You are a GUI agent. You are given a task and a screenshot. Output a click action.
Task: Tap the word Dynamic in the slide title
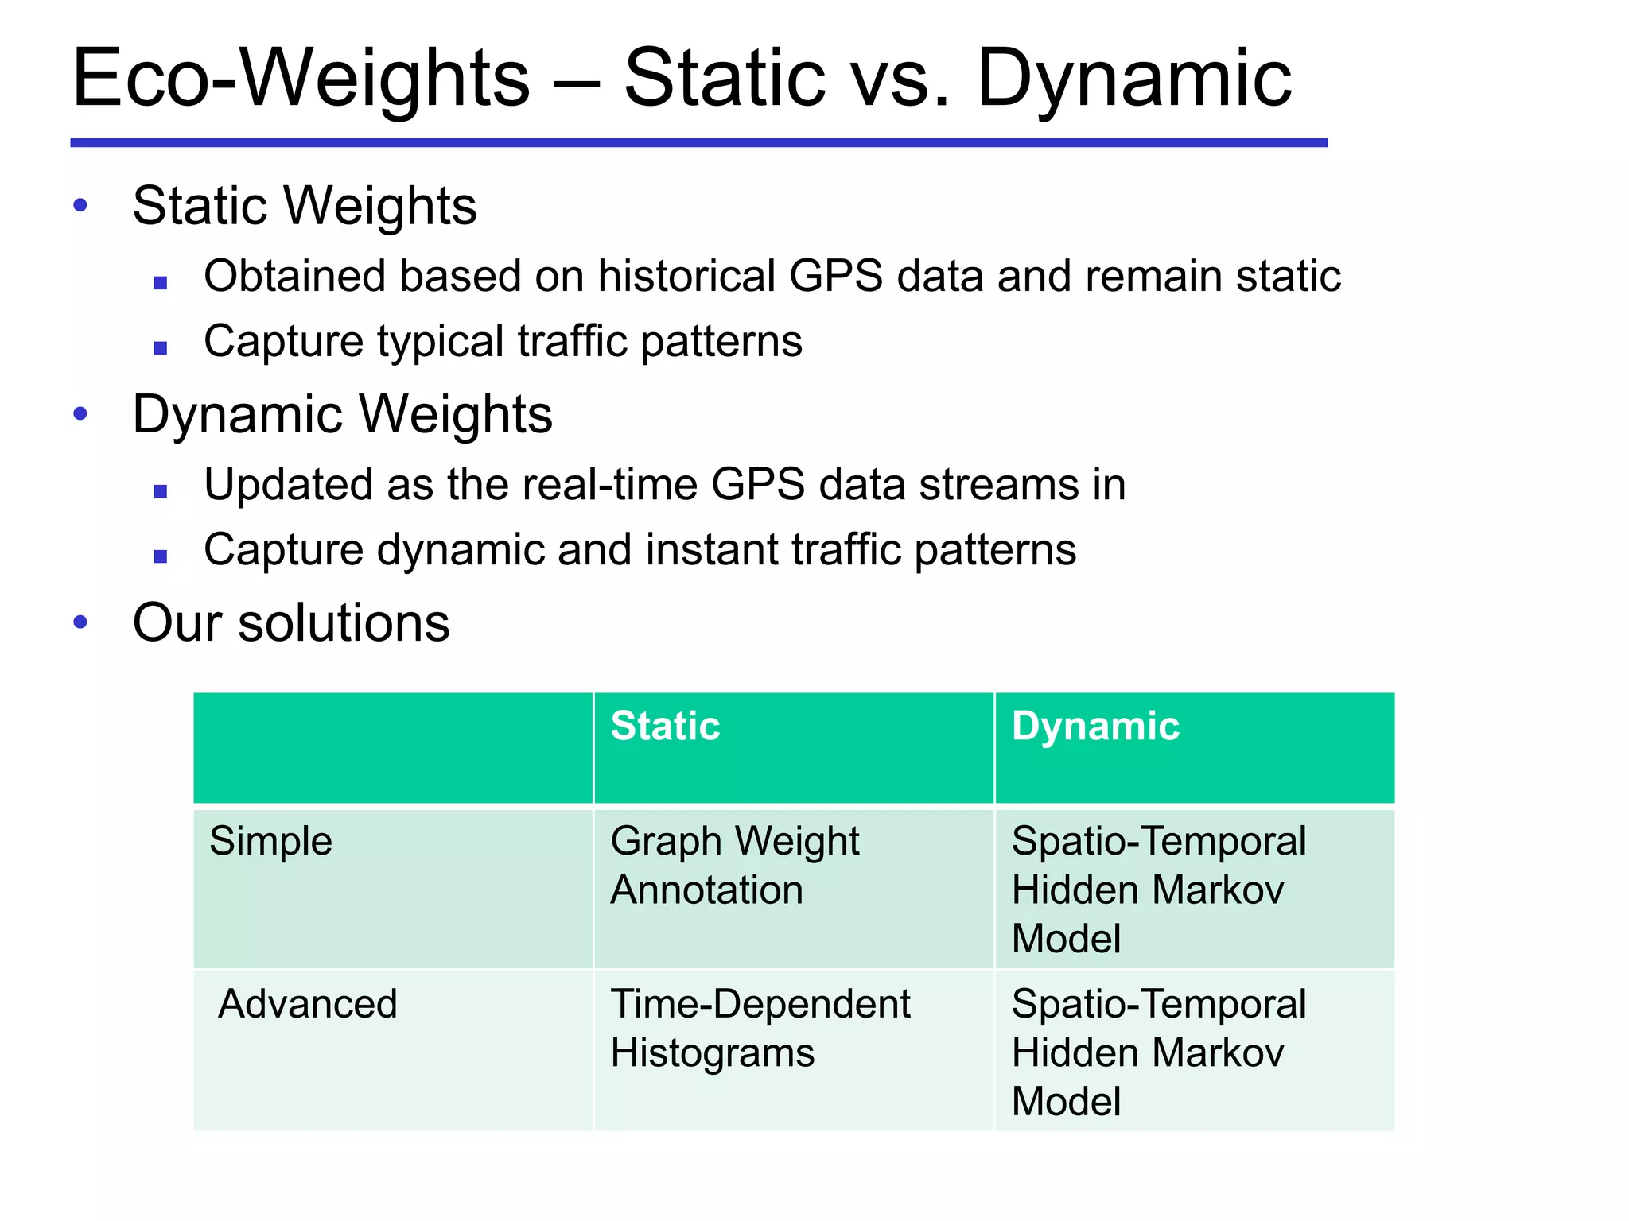point(1133,78)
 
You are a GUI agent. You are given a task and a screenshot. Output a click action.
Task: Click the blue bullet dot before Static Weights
point(80,205)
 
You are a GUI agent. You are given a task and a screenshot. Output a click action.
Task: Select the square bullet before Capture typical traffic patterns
point(161,347)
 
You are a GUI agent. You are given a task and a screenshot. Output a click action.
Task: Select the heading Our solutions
point(291,622)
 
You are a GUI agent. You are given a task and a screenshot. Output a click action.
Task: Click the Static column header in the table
point(665,726)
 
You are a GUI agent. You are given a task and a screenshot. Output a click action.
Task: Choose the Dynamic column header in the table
point(1095,726)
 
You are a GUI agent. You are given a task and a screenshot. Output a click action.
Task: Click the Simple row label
point(270,841)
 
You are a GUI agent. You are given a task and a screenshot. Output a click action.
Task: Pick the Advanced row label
point(307,1004)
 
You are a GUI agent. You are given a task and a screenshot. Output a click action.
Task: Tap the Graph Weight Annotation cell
point(734,865)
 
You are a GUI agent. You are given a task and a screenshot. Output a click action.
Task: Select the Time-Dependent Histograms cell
point(760,1028)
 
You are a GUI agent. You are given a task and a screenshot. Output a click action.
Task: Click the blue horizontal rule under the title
point(698,143)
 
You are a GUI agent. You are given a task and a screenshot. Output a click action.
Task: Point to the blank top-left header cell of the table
point(393,747)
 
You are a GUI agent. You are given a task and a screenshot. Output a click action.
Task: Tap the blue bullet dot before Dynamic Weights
point(80,413)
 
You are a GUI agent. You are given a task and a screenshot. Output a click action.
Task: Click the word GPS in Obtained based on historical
point(835,277)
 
